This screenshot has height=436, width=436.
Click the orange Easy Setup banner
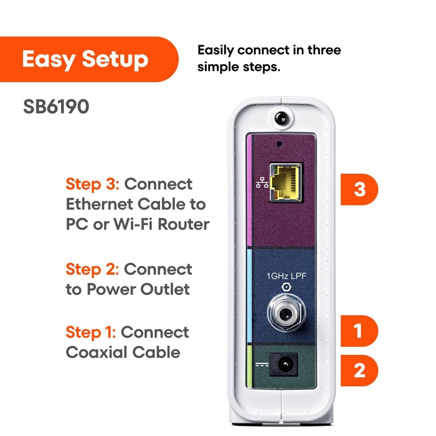87,59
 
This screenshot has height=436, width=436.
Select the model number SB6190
56,107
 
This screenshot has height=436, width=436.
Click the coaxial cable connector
283,314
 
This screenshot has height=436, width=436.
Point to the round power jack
283,364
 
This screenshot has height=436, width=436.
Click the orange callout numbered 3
360,190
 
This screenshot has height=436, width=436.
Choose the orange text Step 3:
93,184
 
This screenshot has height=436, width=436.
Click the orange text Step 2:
93,269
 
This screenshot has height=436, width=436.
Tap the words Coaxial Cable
123,352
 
